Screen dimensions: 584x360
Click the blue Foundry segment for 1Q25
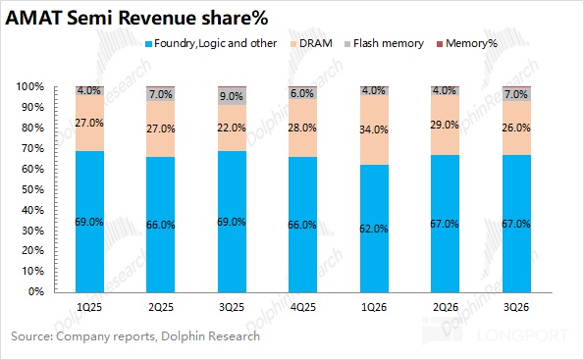(x=89, y=222)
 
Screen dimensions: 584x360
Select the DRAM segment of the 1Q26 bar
(x=374, y=129)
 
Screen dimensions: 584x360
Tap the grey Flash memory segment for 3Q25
(x=232, y=96)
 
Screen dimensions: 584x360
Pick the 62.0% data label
(x=374, y=229)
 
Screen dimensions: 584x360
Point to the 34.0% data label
(x=374, y=129)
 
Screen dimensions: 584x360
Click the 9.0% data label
(x=232, y=96)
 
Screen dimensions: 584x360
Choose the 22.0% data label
(x=232, y=128)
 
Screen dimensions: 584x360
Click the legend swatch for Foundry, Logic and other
(x=148, y=44)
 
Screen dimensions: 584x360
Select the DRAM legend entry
(x=311, y=43)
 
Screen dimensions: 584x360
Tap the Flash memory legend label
(x=389, y=43)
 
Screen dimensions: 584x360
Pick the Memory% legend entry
(x=467, y=43)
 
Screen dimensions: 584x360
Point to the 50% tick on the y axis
(x=32, y=189)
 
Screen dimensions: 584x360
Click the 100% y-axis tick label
(x=29, y=86)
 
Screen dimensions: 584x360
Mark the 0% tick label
(x=36, y=291)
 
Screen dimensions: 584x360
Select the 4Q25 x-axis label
(x=303, y=307)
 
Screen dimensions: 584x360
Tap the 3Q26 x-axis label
(x=516, y=307)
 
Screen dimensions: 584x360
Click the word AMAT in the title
(x=33, y=18)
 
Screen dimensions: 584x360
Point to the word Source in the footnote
(x=32, y=336)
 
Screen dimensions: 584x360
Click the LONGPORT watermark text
(x=523, y=335)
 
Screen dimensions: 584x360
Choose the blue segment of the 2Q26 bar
(x=445, y=224)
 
